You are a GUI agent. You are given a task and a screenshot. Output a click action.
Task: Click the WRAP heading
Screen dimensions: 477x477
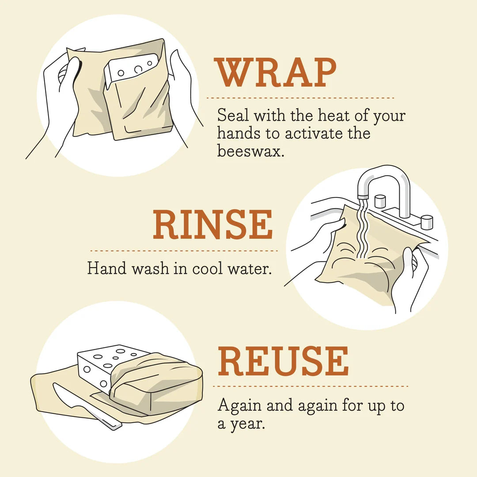(276, 72)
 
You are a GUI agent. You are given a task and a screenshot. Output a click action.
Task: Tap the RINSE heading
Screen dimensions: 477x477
(213, 225)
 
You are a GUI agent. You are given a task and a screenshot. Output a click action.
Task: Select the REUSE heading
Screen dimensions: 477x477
(283, 362)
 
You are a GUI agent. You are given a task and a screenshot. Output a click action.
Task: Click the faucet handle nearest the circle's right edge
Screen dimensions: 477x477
(426, 222)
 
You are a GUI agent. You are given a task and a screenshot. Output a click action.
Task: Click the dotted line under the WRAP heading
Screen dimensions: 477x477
(300, 98)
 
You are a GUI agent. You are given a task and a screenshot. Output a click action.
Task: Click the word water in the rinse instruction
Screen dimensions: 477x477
(250, 268)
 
